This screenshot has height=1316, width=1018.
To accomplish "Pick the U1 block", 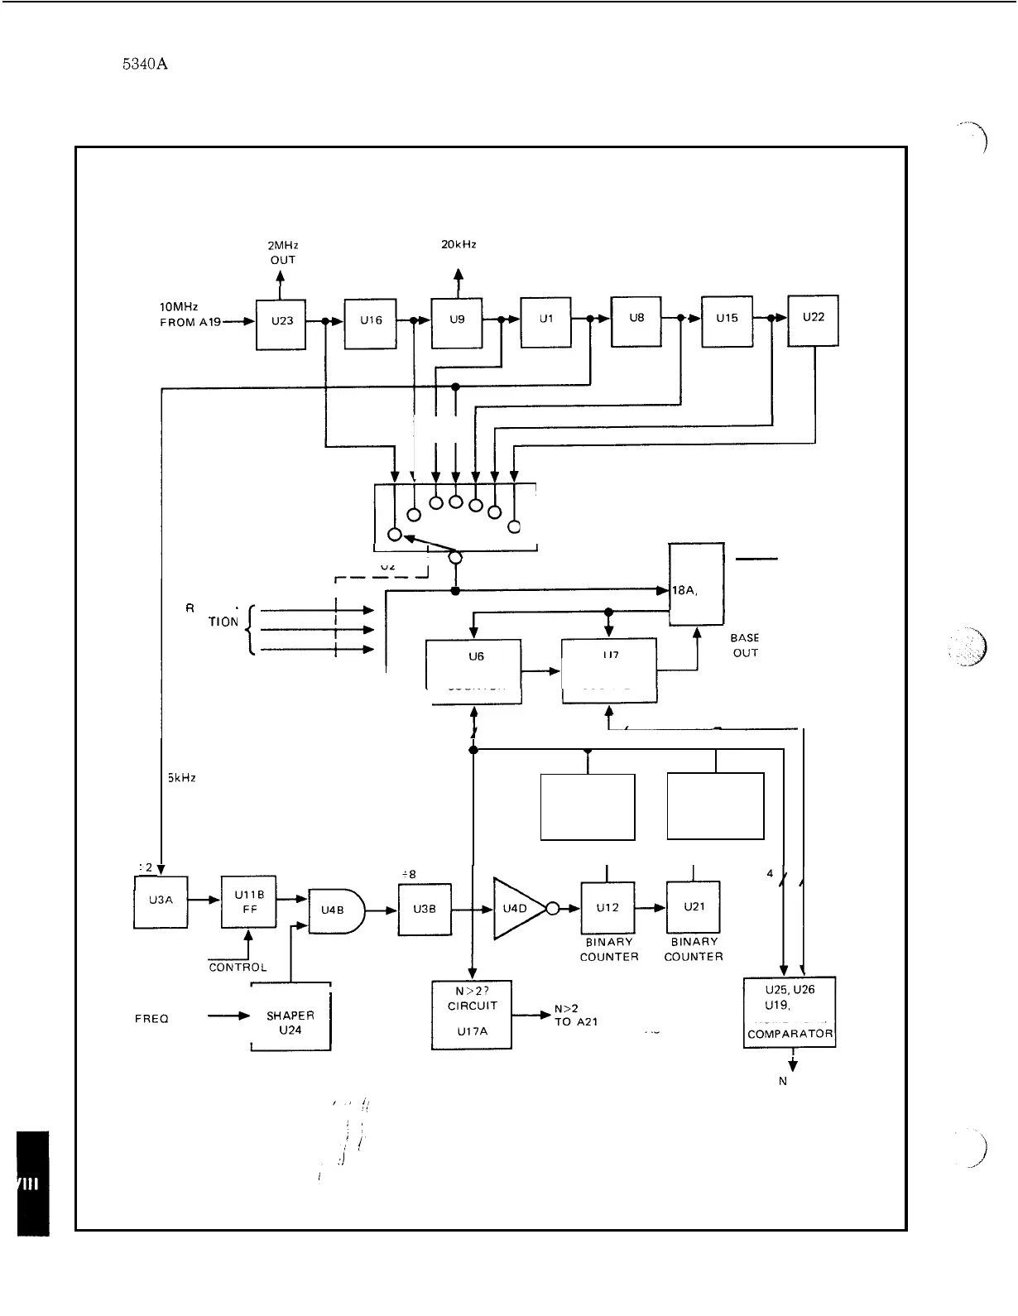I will pyautogui.click(x=545, y=322).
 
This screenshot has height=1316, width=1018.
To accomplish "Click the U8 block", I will pyautogui.click(x=636, y=321).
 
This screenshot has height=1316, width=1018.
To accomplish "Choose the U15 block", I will pyautogui.click(x=727, y=321).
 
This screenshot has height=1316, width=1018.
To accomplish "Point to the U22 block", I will pyautogui.click(x=813, y=320).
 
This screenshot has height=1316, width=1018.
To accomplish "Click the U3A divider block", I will pyautogui.click(x=161, y=902).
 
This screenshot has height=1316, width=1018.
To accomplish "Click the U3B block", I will pyautogui.click(x=425, y=910).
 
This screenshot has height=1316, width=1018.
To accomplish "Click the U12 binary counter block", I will pyautogui.click(x=607, y=908).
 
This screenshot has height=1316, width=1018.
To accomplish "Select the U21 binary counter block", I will pyautogui.click(x=694, y=907).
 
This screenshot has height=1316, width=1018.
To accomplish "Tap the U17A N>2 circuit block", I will pyautogui.click(x=471, y=1016).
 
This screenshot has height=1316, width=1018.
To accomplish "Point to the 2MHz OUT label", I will pyautogui.click(x=282, y=252).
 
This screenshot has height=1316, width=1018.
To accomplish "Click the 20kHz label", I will pyautogui.click(x=459, y=245).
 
